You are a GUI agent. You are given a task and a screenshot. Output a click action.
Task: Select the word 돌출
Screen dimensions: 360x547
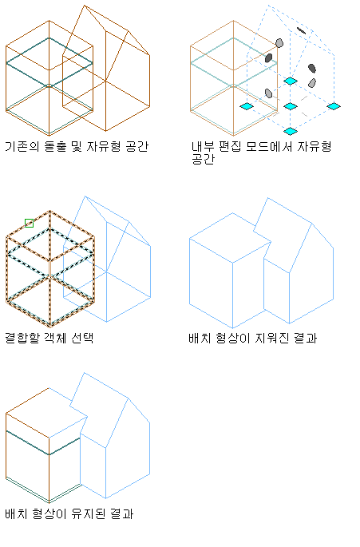tap(55, 146)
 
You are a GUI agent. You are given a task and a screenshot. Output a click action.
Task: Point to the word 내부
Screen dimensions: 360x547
tap(203, 146)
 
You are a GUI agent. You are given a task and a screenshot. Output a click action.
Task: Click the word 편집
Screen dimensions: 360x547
tap(230, 146)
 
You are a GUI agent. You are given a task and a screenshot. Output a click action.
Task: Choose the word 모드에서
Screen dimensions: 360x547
tap(269, 146)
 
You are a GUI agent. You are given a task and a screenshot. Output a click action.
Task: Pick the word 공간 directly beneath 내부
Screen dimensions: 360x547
tap(203, 159)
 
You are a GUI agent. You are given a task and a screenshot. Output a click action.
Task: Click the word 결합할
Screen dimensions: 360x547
tap(22, 338)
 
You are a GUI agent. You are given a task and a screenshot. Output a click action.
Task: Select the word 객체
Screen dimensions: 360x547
tap(55, 338)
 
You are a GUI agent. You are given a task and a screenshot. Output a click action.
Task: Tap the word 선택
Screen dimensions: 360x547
tap(82, 338)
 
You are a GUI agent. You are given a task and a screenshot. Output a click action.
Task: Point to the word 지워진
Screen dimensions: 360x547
tap(272, 338)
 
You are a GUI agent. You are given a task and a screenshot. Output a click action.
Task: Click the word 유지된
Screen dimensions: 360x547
tap(89, 513)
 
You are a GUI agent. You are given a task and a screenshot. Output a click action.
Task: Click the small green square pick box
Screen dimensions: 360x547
tap(30, 223)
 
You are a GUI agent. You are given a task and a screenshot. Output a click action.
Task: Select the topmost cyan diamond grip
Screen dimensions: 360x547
tap(291, 81)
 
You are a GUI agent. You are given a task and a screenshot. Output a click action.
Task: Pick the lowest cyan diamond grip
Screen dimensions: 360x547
tap(291, 131)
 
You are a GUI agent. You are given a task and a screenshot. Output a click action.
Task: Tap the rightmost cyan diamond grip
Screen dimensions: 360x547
tap(334, 106)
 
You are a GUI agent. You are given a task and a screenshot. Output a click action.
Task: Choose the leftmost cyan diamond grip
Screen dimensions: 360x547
tap(247, 106)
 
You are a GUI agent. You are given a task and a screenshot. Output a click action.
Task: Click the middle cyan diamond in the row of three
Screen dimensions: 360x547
tap(291, 106)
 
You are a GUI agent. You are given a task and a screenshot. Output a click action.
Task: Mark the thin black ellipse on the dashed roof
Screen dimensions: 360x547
tap(301, 30)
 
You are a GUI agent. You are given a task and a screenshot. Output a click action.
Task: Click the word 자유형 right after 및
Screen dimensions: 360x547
tap(104, 146)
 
